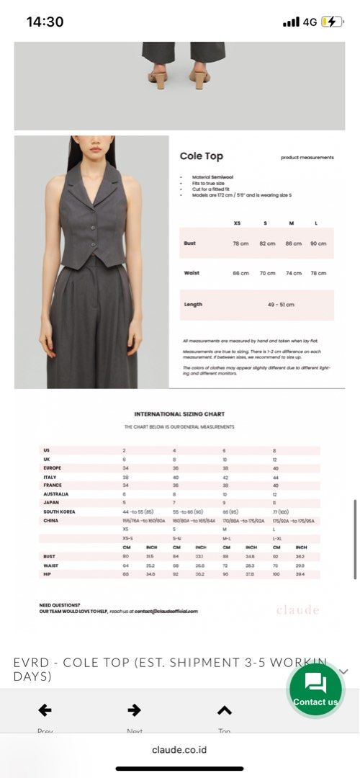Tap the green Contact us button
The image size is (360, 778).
315,689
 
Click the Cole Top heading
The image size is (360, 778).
201,156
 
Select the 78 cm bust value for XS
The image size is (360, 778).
240,243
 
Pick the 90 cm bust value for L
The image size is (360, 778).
318,243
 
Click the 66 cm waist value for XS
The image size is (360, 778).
240,273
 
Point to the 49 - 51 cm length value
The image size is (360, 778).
281,305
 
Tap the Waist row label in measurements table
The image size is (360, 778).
192,273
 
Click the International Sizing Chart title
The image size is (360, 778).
179,414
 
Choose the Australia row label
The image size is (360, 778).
55,494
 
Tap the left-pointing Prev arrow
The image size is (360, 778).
45,710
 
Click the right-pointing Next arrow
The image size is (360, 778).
134,710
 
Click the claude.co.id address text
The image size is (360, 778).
179,749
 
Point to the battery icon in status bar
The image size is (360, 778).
332,22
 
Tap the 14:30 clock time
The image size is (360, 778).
45,22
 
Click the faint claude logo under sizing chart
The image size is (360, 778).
297,610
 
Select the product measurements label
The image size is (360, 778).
307,157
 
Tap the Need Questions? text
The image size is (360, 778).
60,604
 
